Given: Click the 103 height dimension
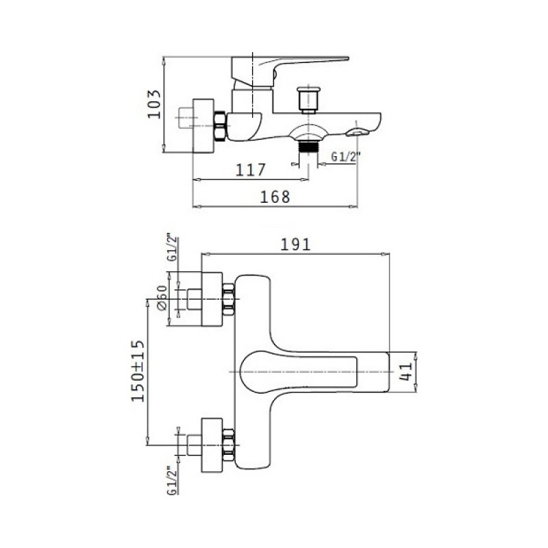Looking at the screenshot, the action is click(154, 104).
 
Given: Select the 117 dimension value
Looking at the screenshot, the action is click(251, 170).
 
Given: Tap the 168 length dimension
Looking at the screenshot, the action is click(275, 197).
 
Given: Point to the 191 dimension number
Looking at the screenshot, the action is click(296, 245).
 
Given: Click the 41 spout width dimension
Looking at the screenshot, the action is click(406, 371).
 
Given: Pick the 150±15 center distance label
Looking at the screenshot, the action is click(138, 371).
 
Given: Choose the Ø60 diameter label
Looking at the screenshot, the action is click(162, 298).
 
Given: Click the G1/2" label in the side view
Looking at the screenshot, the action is click(345, 157).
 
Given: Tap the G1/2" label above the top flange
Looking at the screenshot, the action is click(173, 247).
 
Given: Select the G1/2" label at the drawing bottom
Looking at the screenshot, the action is click(173, 480).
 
